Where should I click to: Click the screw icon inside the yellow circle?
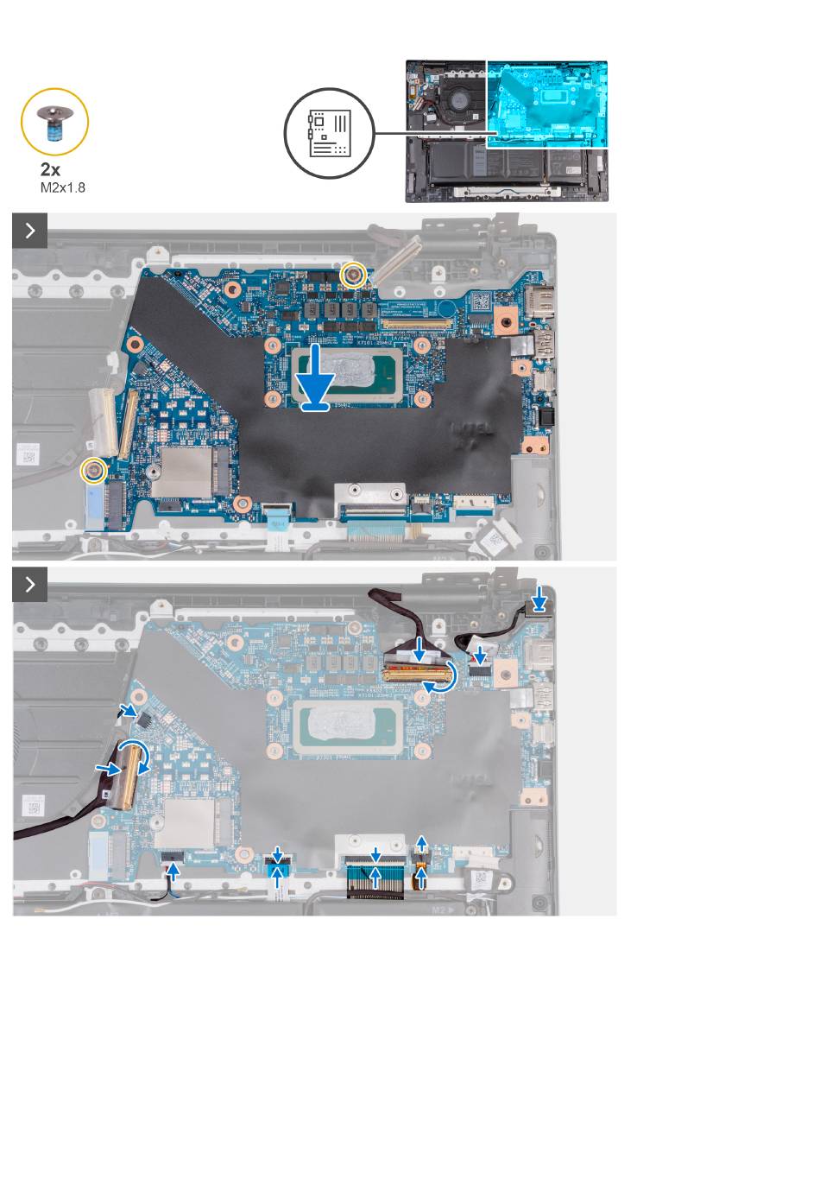54,121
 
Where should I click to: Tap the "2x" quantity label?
51,169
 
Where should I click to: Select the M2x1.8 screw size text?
63,187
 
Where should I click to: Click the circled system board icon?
329,134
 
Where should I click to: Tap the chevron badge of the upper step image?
30,231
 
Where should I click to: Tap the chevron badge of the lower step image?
30,585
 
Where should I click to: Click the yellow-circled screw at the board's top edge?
352,276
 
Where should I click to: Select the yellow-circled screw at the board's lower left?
92,471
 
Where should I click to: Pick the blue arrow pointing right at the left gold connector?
108,766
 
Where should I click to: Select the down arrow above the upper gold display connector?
419,648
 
